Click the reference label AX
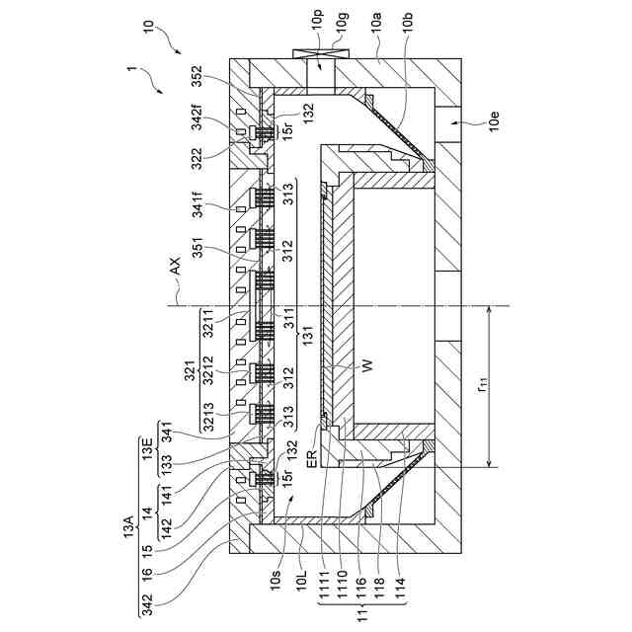click(x=175, y=267)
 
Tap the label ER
click(x=311, y=462)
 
